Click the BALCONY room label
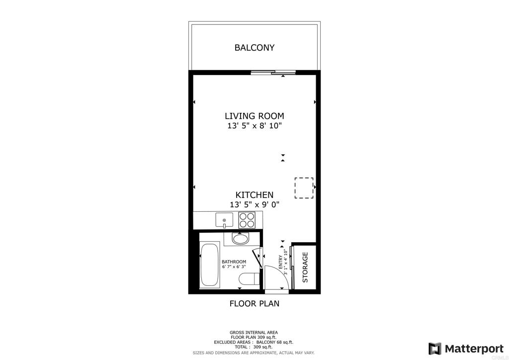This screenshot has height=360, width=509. tap(254, 48)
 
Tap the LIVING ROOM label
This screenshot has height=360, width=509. tap(254, 116)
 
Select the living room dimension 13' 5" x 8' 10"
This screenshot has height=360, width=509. tap(254, 126)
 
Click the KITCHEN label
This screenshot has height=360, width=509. tap(254, 195)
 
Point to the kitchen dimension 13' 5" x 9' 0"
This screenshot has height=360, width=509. tap(254, 205)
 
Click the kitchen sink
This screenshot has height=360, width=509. tap(224, 220)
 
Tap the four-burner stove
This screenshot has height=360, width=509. tap(247, 220)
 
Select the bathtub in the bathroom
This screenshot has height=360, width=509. tap(210, 265)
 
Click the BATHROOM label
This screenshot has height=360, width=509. tap(234, 262)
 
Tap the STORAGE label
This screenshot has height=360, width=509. tap(305, 268)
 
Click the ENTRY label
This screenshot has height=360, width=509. tap(280, 262)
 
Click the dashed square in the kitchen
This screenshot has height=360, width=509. tap(304, 188)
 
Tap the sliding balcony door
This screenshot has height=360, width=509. tap(273, 73)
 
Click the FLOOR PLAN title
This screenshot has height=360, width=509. tap(254, 303)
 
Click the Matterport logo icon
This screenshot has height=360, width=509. tap(434, 349)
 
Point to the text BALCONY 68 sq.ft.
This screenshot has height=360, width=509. tap(274, 342)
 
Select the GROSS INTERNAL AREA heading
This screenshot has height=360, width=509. tap(254, 333)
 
